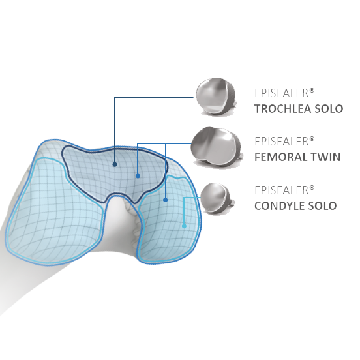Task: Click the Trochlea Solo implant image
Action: pos(216,96)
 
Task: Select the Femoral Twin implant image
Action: pos(217,145)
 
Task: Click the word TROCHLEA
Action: pos(283,109)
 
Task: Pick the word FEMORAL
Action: pos(281,157)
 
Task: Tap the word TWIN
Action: pos(325,157)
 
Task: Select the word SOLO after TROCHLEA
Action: pos(329,109)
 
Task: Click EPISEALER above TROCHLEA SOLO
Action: pos(282,93)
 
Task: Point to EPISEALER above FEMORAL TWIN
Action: pos(282,142)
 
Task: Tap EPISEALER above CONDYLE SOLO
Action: pos(282,190)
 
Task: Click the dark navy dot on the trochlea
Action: pos(115,164)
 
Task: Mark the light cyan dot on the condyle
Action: pos(184,226)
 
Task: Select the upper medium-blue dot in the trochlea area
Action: pos(138,176)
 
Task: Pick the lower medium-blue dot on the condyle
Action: pos(165,200)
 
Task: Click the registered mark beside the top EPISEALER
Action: pos(312,91)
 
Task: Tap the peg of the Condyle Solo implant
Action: pos(232,203)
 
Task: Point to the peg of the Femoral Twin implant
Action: pos(241,156)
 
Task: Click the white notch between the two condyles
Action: pos(120,220)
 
